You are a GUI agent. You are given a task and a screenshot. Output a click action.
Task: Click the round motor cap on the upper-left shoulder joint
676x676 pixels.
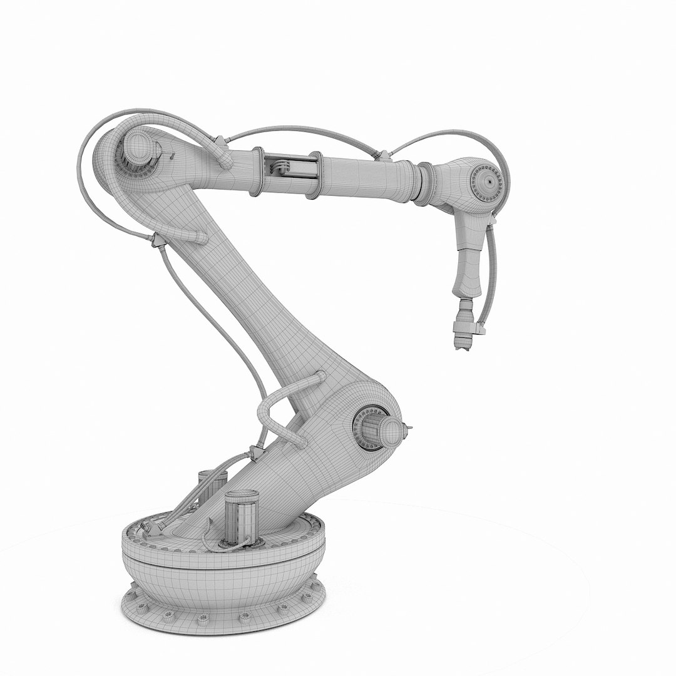click(139, 151)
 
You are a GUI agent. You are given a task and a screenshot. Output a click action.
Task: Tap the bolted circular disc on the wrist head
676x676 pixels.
click(486, 181)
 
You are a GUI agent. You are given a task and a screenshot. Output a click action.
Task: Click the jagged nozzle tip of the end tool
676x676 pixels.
click(463, 344)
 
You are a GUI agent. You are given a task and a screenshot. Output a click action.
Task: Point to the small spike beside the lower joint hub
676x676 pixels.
click(409, 428)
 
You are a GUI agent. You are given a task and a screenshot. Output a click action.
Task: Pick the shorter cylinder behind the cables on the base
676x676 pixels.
click(211, 485)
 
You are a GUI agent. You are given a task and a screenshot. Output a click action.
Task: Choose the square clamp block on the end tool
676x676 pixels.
click(480, 326)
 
